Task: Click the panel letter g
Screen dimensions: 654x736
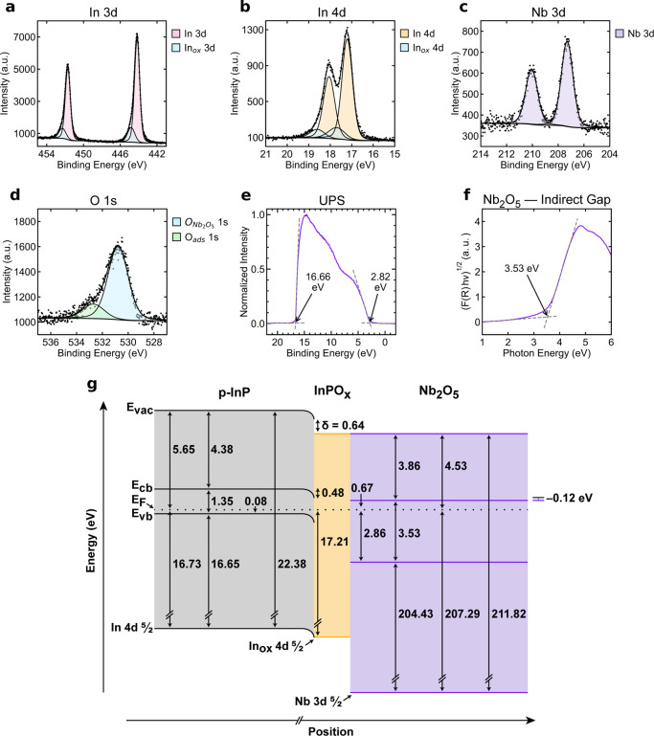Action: coord(92,386)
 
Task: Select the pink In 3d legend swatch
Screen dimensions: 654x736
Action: coord(176,33)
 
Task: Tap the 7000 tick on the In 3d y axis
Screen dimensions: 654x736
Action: coord(24,37)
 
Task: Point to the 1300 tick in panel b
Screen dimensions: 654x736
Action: coord(253,30)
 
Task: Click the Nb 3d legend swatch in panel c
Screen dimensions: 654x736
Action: coord(620,33)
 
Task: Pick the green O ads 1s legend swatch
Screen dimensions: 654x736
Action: coord(176,237)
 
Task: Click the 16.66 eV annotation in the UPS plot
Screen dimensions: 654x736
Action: coord(318,281)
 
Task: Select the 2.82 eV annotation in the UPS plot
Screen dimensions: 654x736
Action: coord(380,281)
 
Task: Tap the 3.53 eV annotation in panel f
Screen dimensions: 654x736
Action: coord(522,269)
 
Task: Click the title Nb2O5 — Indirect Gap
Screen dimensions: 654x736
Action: coord(547,200)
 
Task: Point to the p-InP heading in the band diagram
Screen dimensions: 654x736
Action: coord(235,392)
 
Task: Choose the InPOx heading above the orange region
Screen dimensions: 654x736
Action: coord(332,391)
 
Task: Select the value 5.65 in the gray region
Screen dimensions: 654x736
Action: coord(183,450)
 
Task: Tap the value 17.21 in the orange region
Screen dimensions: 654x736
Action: coord(334,542)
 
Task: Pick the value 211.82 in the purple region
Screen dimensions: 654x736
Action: coord(508,613)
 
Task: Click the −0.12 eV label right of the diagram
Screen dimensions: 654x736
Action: coord(569,498)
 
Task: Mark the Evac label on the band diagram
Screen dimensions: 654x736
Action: coord(140,409)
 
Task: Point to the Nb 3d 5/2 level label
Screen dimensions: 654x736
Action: coord(318,702)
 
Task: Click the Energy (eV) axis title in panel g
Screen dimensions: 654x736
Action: coord(91,540)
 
